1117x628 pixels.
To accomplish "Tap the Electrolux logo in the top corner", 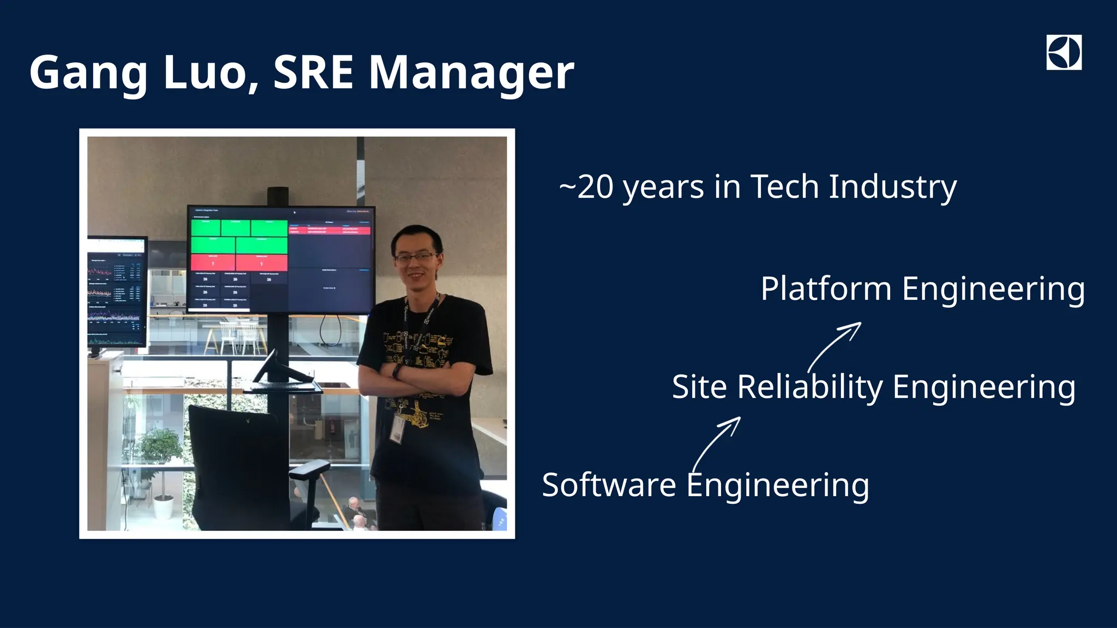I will click(1064, 53).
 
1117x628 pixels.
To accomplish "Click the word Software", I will click(608, 485).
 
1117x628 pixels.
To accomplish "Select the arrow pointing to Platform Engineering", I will click(834, 346).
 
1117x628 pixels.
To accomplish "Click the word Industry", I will click(892, 187).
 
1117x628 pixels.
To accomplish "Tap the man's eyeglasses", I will click(416, 257).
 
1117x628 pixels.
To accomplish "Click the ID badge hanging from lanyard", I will click(399, 430).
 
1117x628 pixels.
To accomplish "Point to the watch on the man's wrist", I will click(398, 372).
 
